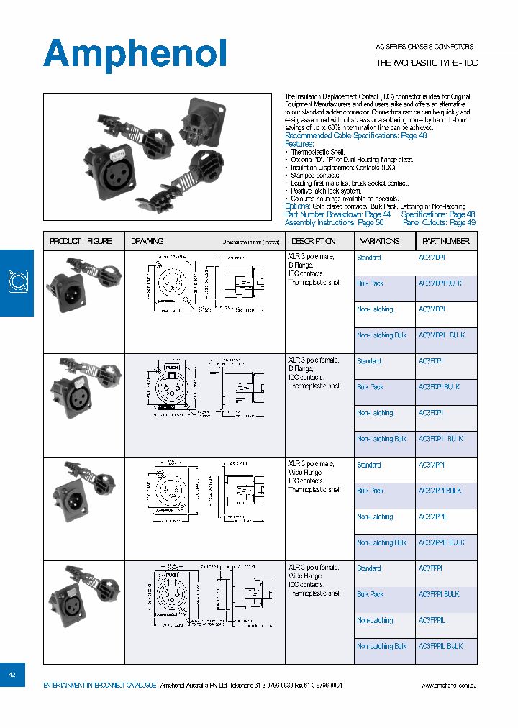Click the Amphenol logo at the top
135,54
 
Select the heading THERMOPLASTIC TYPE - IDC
427,63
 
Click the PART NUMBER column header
446,241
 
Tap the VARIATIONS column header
380,241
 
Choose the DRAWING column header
147,241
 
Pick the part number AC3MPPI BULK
440,491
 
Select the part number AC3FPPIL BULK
441,646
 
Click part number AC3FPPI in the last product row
430,568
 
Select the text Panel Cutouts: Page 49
439,223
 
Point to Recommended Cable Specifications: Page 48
356,135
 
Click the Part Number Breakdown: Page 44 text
338,214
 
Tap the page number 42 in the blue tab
12,675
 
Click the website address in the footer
448,686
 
